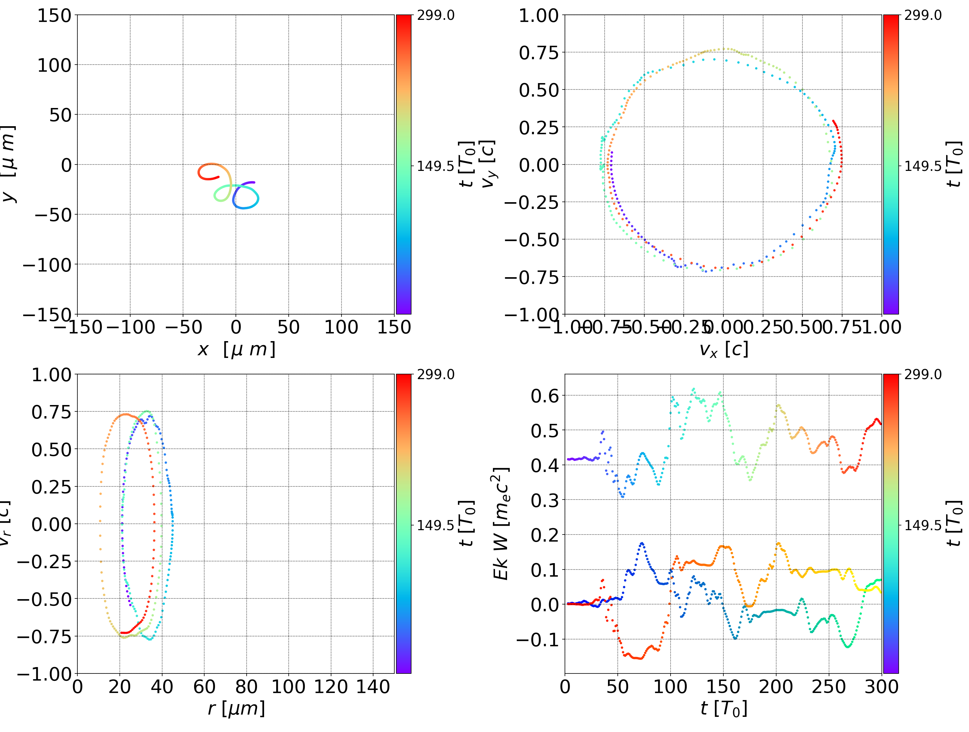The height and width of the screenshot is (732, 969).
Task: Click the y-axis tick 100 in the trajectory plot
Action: tap(54, 65)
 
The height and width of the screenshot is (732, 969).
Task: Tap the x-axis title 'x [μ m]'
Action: tap(236, 350)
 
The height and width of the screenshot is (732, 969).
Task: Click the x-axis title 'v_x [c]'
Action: tap(723, 350)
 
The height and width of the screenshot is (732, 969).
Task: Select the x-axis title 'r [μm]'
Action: tap(236, 708)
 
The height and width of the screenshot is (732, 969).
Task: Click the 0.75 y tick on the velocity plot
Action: tap(539, 52)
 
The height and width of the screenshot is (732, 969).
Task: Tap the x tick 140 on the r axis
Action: tap(373, 687)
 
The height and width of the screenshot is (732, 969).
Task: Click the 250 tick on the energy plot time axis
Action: tap(828, 687)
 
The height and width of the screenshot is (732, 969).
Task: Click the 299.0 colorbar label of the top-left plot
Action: tap(435, 15)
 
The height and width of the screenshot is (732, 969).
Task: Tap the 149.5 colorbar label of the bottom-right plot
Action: tap(923, 525)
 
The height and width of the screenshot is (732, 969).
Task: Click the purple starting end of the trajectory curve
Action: tap(254, 182)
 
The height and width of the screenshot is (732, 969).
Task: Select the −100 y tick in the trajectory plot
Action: tap(47, 265)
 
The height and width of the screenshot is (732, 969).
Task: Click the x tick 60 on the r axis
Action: tap(204, 687)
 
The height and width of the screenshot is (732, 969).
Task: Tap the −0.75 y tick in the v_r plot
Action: tap(44, 636)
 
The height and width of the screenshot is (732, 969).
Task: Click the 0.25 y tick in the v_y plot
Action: tap(539, 127)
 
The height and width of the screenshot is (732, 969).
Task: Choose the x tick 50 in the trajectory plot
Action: tap(288, 327)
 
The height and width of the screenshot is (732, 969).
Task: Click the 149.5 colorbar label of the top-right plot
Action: tap(923, 166)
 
